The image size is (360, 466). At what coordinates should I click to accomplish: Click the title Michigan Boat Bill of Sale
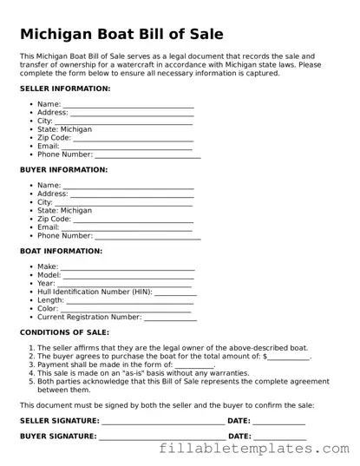[121, 34]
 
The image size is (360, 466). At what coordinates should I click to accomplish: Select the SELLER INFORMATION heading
[65, 89]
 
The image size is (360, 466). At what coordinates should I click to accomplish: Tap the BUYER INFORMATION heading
[63, 170]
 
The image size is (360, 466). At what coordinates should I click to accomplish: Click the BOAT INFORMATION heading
[61, 251]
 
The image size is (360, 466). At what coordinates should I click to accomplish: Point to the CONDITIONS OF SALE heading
[64, 332]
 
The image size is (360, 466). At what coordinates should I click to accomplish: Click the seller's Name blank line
[128, 107]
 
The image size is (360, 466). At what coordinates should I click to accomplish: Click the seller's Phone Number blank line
[147, 156]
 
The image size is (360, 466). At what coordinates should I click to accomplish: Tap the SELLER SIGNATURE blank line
[162, 423]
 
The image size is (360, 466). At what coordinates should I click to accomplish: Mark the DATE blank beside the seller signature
[279, 423]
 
